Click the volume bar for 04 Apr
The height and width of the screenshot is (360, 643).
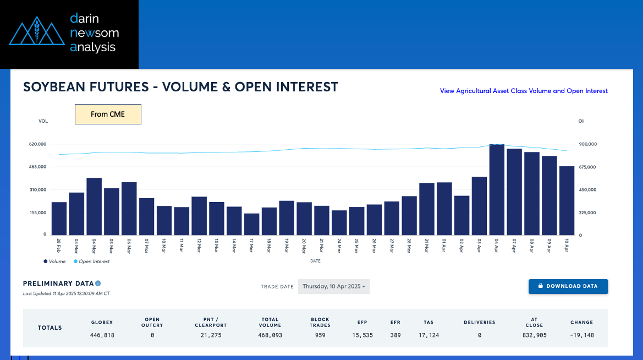(x=497, y=190)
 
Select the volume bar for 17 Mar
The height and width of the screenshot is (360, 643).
(x=252, y=224)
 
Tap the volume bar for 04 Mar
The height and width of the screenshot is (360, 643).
(x=94, y=206)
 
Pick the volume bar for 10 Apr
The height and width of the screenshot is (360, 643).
(x=567, y=201)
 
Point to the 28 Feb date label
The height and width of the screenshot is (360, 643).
(x=59, y=245)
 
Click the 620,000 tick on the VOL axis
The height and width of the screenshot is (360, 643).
(x=38, y=144)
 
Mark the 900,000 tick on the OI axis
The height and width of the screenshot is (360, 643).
(x=587, y=144)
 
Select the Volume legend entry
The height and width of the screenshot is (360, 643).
(x=54, y=261)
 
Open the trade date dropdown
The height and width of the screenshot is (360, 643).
(x=334, y=287)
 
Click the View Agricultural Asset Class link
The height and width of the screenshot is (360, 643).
(x=524, y=91)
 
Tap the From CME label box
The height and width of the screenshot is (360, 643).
(x=108, y=114)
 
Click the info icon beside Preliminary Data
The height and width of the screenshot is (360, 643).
(x=98, y=283)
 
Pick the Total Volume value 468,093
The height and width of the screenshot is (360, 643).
(x=270, y=335)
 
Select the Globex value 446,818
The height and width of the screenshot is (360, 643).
(x=102, y=335)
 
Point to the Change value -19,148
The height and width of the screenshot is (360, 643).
(x=581, y=335)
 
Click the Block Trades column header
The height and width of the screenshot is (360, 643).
(x=320, y=322)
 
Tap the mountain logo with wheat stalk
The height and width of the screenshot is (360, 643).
(x=37, y=31)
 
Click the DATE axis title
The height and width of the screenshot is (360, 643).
(x=315, y=261)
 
